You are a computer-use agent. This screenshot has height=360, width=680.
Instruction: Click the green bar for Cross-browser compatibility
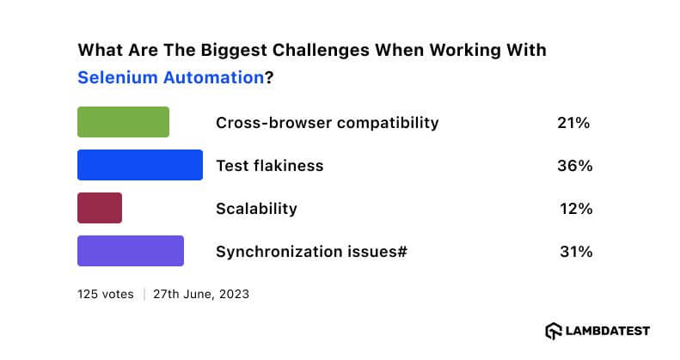click(123, 122)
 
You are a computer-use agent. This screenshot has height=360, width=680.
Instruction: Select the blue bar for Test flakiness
click(139, 165)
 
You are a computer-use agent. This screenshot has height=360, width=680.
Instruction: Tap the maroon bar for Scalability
click(100, 208)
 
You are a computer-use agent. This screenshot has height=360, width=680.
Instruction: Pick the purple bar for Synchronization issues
click(131, 251)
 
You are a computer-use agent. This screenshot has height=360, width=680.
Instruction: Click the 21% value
click(573, 123)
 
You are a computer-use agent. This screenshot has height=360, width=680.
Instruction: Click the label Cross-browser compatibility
click(327, 123)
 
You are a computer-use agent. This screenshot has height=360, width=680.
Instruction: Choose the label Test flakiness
click(269, 166)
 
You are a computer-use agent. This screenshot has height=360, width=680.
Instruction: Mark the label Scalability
click(256, 209)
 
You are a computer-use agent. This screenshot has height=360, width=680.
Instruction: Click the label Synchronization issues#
click(311, 252)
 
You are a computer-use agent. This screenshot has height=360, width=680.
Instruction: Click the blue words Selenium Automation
click(170, 77)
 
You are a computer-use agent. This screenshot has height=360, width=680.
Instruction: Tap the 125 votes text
click(105, 294)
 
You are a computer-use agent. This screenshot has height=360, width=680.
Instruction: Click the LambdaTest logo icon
click(554, 331)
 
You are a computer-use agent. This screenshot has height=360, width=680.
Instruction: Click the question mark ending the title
click(268, 77)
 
